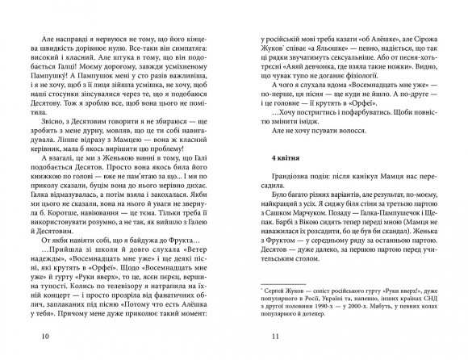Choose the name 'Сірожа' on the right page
tap(422, 37)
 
